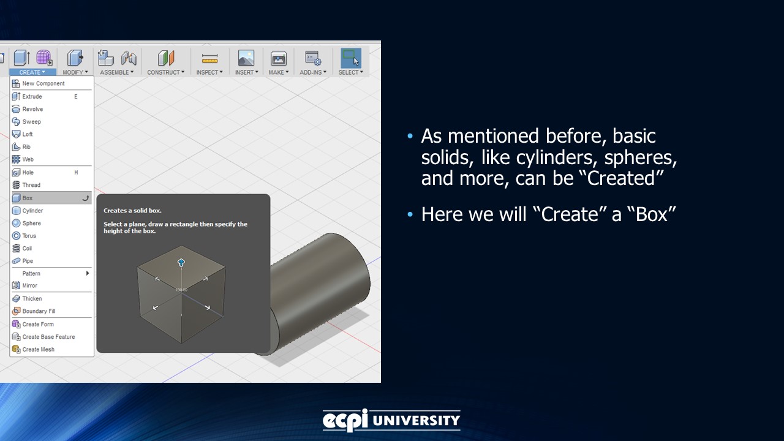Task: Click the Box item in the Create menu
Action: (28, 198)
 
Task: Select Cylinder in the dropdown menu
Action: (32, 211)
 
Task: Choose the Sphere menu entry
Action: (31, 224)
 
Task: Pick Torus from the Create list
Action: (29, 236)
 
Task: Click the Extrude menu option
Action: (32, 96)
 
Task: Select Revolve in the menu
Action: (32, 109)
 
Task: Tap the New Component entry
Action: (43, 83)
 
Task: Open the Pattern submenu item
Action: (31, 273)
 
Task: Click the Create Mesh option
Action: (38, 349)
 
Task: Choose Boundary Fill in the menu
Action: (39, 311)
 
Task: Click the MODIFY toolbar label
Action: (75, 72)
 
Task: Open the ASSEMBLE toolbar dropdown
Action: (116, 72)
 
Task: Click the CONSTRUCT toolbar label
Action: (165, 72)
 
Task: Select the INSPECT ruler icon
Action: (209, 59)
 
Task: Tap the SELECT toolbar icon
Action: (350, 59)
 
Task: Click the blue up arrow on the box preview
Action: (181, 263)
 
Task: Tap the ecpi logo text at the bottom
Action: (345, 420)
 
